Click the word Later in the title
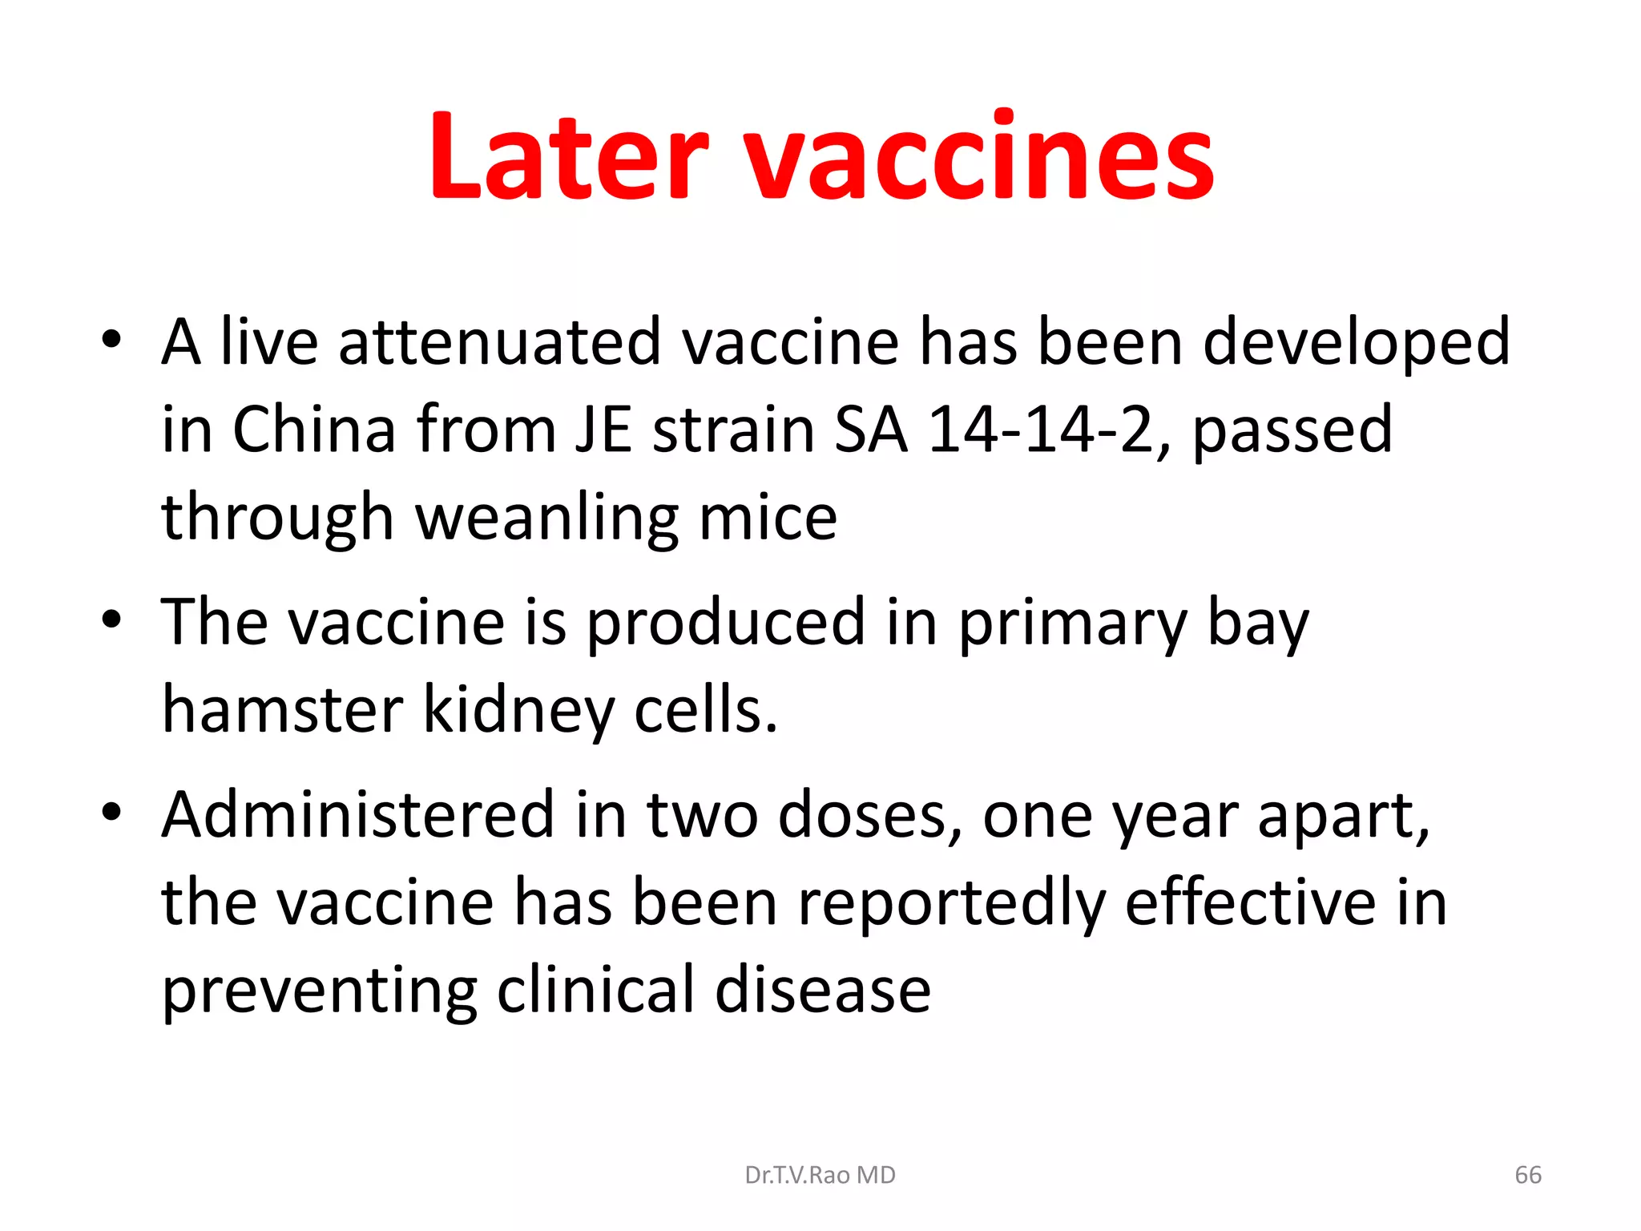click(x=569, y=156)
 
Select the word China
click(x=314, y=430)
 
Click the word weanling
click(x=546, y=519)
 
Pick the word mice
click(x=768, y=519)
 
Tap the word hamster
click(x=282, y=711)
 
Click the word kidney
click(x=518, y=711)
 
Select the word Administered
click(x=357, y=816)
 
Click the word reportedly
click(x=951, y=904)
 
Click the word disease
click(x=822, y=991)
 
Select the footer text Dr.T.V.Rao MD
click(x=820, y=1175)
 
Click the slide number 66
click(x=1528, y=1175)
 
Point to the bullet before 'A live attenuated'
click(x=111, y=340)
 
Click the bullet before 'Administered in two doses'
click(x=111, y=812)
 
